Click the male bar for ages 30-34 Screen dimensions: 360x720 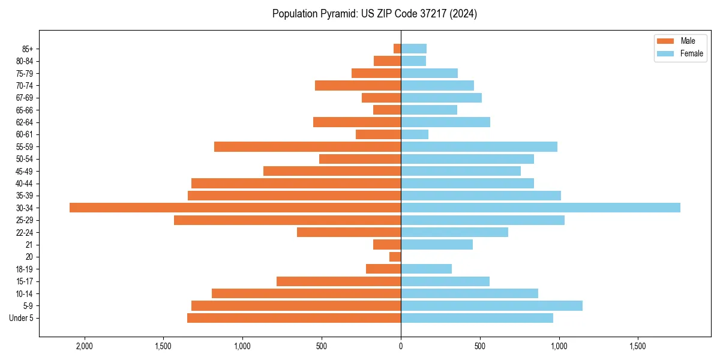pos(235,208)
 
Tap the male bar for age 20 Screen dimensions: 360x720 pos(395,257)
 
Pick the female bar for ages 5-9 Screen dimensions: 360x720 pos(491,306)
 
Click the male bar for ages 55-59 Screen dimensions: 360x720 pos(307,146)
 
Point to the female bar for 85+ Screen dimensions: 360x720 pos(413,49)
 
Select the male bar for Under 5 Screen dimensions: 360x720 pos(294,318)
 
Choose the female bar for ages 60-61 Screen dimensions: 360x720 pos(415,134)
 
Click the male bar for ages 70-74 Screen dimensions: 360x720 pos(358,85)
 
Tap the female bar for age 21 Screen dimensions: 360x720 pos(437,244)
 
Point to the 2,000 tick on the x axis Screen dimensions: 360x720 pos(85,346)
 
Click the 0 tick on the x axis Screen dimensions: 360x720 pos(401,346)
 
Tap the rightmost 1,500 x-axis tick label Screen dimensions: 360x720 pos(637,346)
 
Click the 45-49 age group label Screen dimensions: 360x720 pos(25,171)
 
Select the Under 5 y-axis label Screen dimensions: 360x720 pos(22,318)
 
